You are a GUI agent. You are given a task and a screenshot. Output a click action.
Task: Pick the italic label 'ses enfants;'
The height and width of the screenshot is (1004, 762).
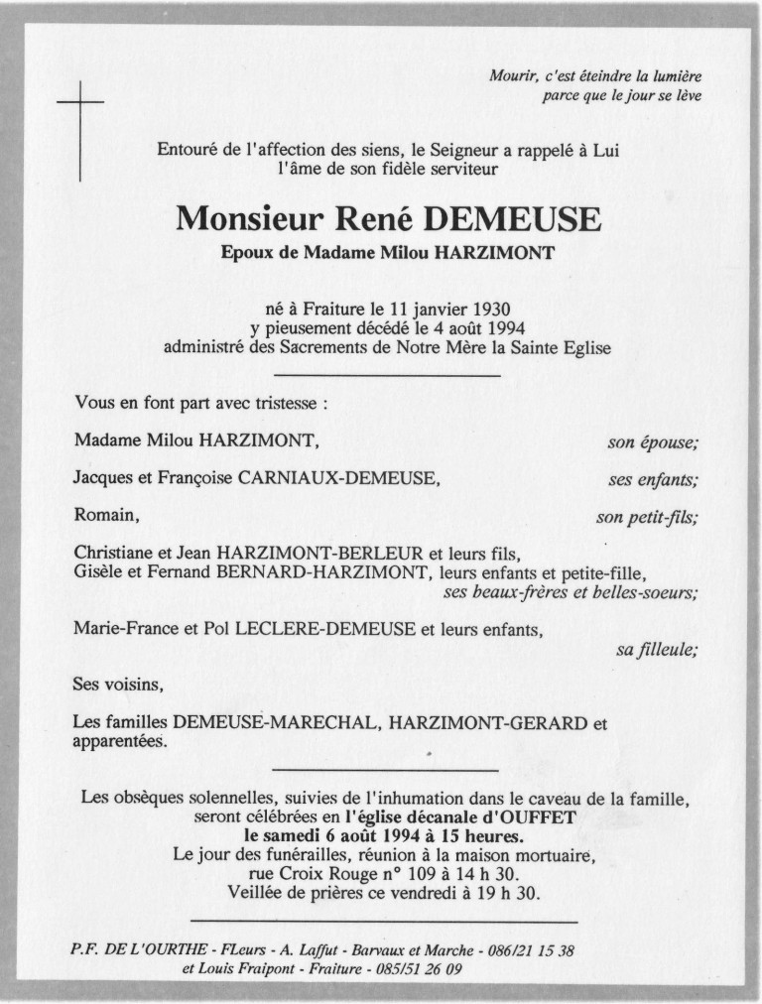[652, 480]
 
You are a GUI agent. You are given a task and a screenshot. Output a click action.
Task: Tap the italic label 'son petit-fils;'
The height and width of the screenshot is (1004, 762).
[646, 517]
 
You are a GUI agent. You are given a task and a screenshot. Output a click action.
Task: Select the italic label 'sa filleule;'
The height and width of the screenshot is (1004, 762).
[657, 650]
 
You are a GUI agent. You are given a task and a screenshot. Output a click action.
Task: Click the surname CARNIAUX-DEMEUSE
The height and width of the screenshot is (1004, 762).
[336, 479]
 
